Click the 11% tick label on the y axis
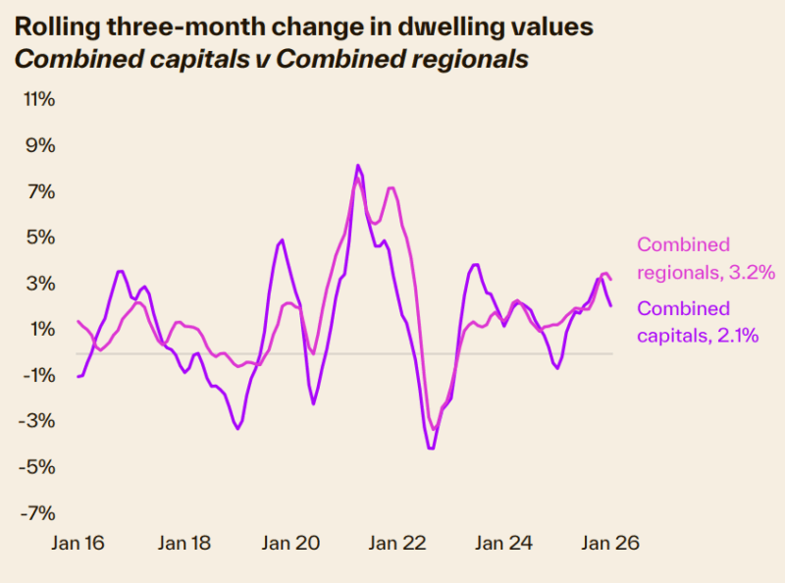[x=39, y=99]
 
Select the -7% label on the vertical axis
[x=39, y=512]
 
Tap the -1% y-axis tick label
[x=39, y=375]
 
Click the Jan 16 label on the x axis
[x=78, y=543]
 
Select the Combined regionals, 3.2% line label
[x=706, y=258]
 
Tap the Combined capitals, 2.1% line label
[x=698, y=322]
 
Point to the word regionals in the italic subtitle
[x=470, y=58]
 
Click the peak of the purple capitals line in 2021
[x=358, y=165]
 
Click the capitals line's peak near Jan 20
[x=282, y=239]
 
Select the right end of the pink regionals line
[x=611, y=280]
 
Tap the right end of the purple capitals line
[x=611, y=305]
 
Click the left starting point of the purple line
[x=78, y=376]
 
